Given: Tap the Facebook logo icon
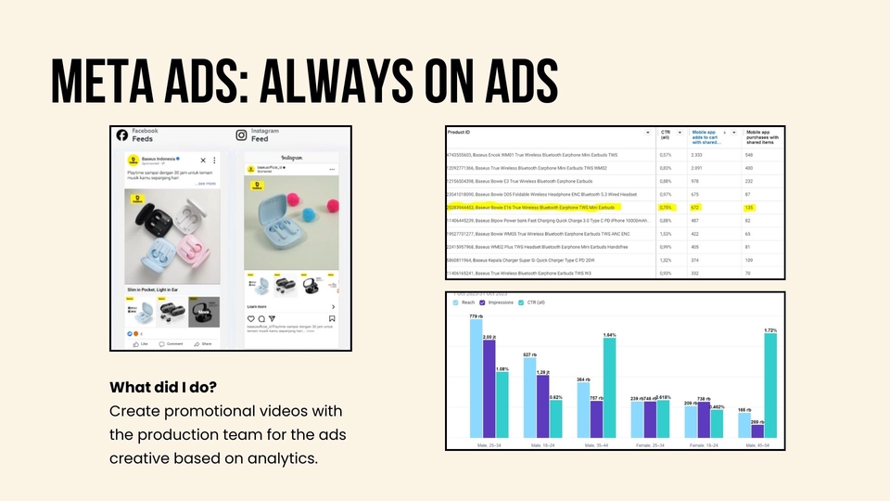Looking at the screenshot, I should pyautogui.click(x=121, y=135).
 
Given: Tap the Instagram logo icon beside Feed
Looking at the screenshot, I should pyautogui.click(x=240, y=135).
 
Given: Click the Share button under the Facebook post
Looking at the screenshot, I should pyautogui.click(x=202, y=343).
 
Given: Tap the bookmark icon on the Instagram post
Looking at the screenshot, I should pyautogui.click(x=333, y=317).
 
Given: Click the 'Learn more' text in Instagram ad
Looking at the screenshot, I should pyautogui.click(x=258, y=306).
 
